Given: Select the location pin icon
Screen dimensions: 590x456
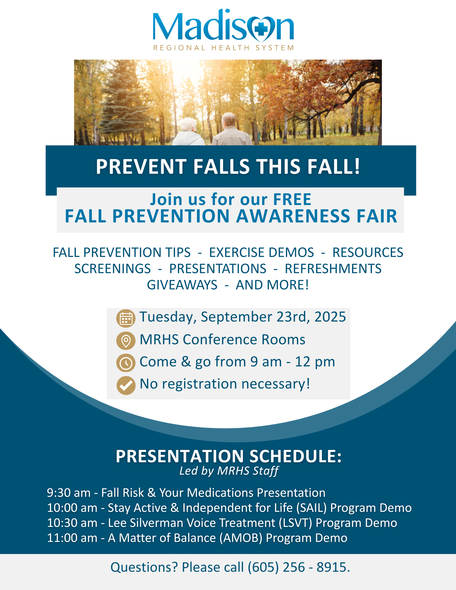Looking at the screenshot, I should (x=126, y=341).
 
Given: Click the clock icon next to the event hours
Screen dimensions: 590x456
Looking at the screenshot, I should (x=126, y=363).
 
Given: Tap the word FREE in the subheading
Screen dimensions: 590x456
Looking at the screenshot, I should (x=292, y=199).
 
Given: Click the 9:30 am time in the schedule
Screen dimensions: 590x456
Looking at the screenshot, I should (x=69, y=493).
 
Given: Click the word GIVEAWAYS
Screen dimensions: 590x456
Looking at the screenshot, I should (x=182, y=285).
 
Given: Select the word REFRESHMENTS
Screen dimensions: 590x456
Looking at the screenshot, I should (x=333, y=269).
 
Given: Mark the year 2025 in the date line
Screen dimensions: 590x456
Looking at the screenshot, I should (x=330, y=317).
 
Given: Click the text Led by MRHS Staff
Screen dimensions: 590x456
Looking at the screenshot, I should (x=229, y=471).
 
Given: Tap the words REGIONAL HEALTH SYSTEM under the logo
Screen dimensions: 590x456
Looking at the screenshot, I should (x=223, y=48).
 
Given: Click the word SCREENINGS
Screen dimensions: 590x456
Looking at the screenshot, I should (x=112, y=269).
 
